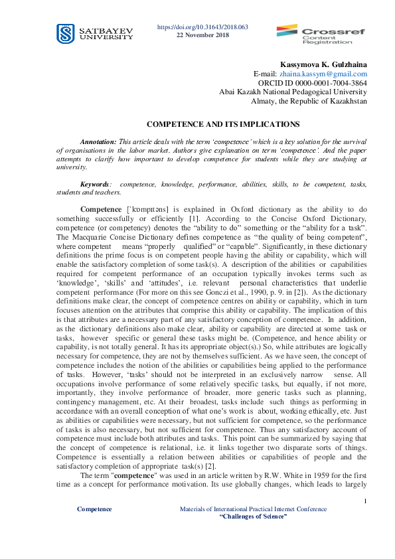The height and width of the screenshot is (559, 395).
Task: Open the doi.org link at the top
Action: pyautogui.click(x=202, y=27)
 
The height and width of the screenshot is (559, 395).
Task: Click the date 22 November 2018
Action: pyautogui.click(x=202, y=35)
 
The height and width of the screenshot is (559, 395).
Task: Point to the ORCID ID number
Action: pyautogui.click(x=331, y=83)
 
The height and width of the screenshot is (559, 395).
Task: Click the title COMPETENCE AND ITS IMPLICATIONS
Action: pyautogui.click(x=214, y=124)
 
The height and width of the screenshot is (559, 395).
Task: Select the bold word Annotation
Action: pyautogui.click(x=98, y=143)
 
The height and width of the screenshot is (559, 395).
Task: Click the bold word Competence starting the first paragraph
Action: pyautogui.click(x=100, y=209)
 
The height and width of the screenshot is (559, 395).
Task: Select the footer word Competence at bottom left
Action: pyautogui.click(x=94, y=509)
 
